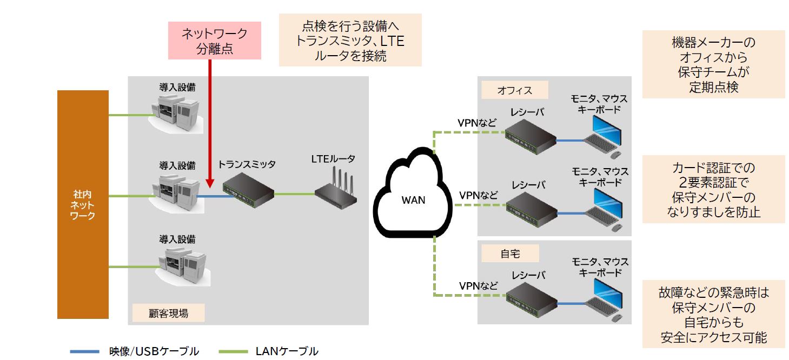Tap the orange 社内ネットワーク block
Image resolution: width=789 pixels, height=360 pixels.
83,204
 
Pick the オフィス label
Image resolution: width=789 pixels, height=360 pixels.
514,90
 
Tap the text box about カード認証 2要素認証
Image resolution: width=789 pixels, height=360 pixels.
713,189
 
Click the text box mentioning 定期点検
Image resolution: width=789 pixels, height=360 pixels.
713,65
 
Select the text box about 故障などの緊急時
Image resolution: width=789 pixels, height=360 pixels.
713,315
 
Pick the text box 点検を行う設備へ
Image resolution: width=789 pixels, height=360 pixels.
350,41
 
